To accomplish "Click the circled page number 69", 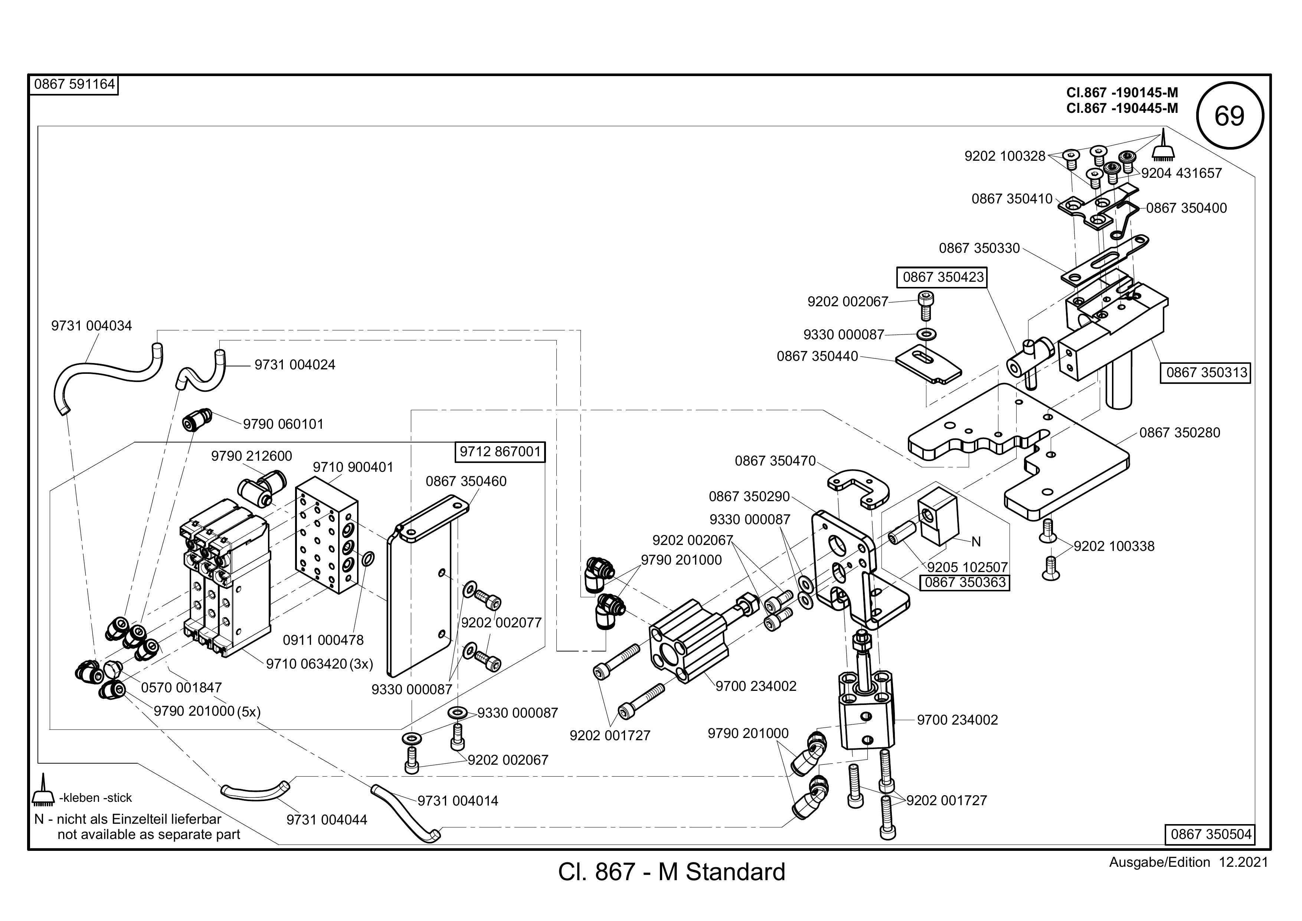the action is (x=1229, y=116).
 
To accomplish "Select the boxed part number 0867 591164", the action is (x=74, y=85).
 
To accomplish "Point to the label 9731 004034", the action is (x=91, y=326).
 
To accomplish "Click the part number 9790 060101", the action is (x=283, y=424).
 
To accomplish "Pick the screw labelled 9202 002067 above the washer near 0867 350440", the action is (x=926, y=306).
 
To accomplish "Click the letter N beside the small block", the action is (x=976, y=542).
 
